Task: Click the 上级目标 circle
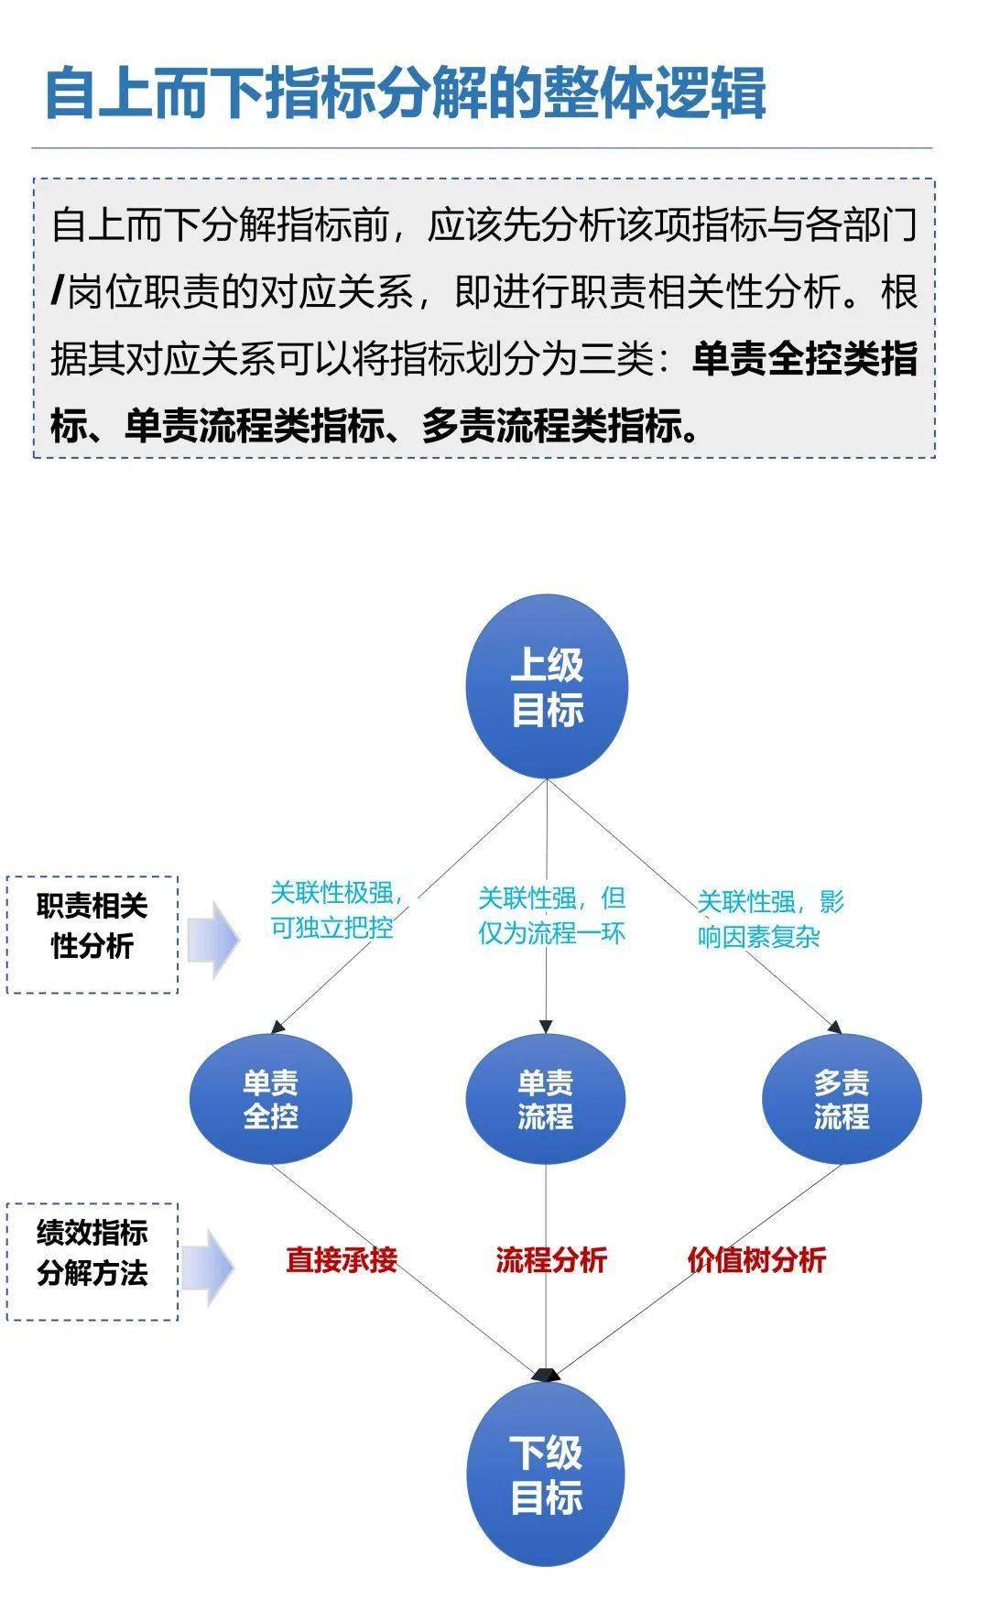[547, 687]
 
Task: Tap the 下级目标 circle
[546, 1474]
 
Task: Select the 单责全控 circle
[270, 1099]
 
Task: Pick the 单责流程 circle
[546, 1099]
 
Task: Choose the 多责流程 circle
[842, 1099]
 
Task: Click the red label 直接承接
[342, 1259]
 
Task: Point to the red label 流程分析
[551, 1259]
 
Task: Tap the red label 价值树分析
[756, 1259]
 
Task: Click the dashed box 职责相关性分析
[92, 935]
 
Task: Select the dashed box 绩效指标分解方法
[92, 1261]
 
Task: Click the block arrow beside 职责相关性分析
[213, 940]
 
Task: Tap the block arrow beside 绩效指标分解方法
[208, 1268]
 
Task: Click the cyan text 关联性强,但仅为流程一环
[551, 915]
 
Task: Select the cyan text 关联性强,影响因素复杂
[770, 919]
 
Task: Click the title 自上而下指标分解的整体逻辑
[405, 93]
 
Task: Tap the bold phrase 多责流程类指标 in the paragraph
[551, 426]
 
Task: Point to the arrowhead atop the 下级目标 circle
[546, 1375]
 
